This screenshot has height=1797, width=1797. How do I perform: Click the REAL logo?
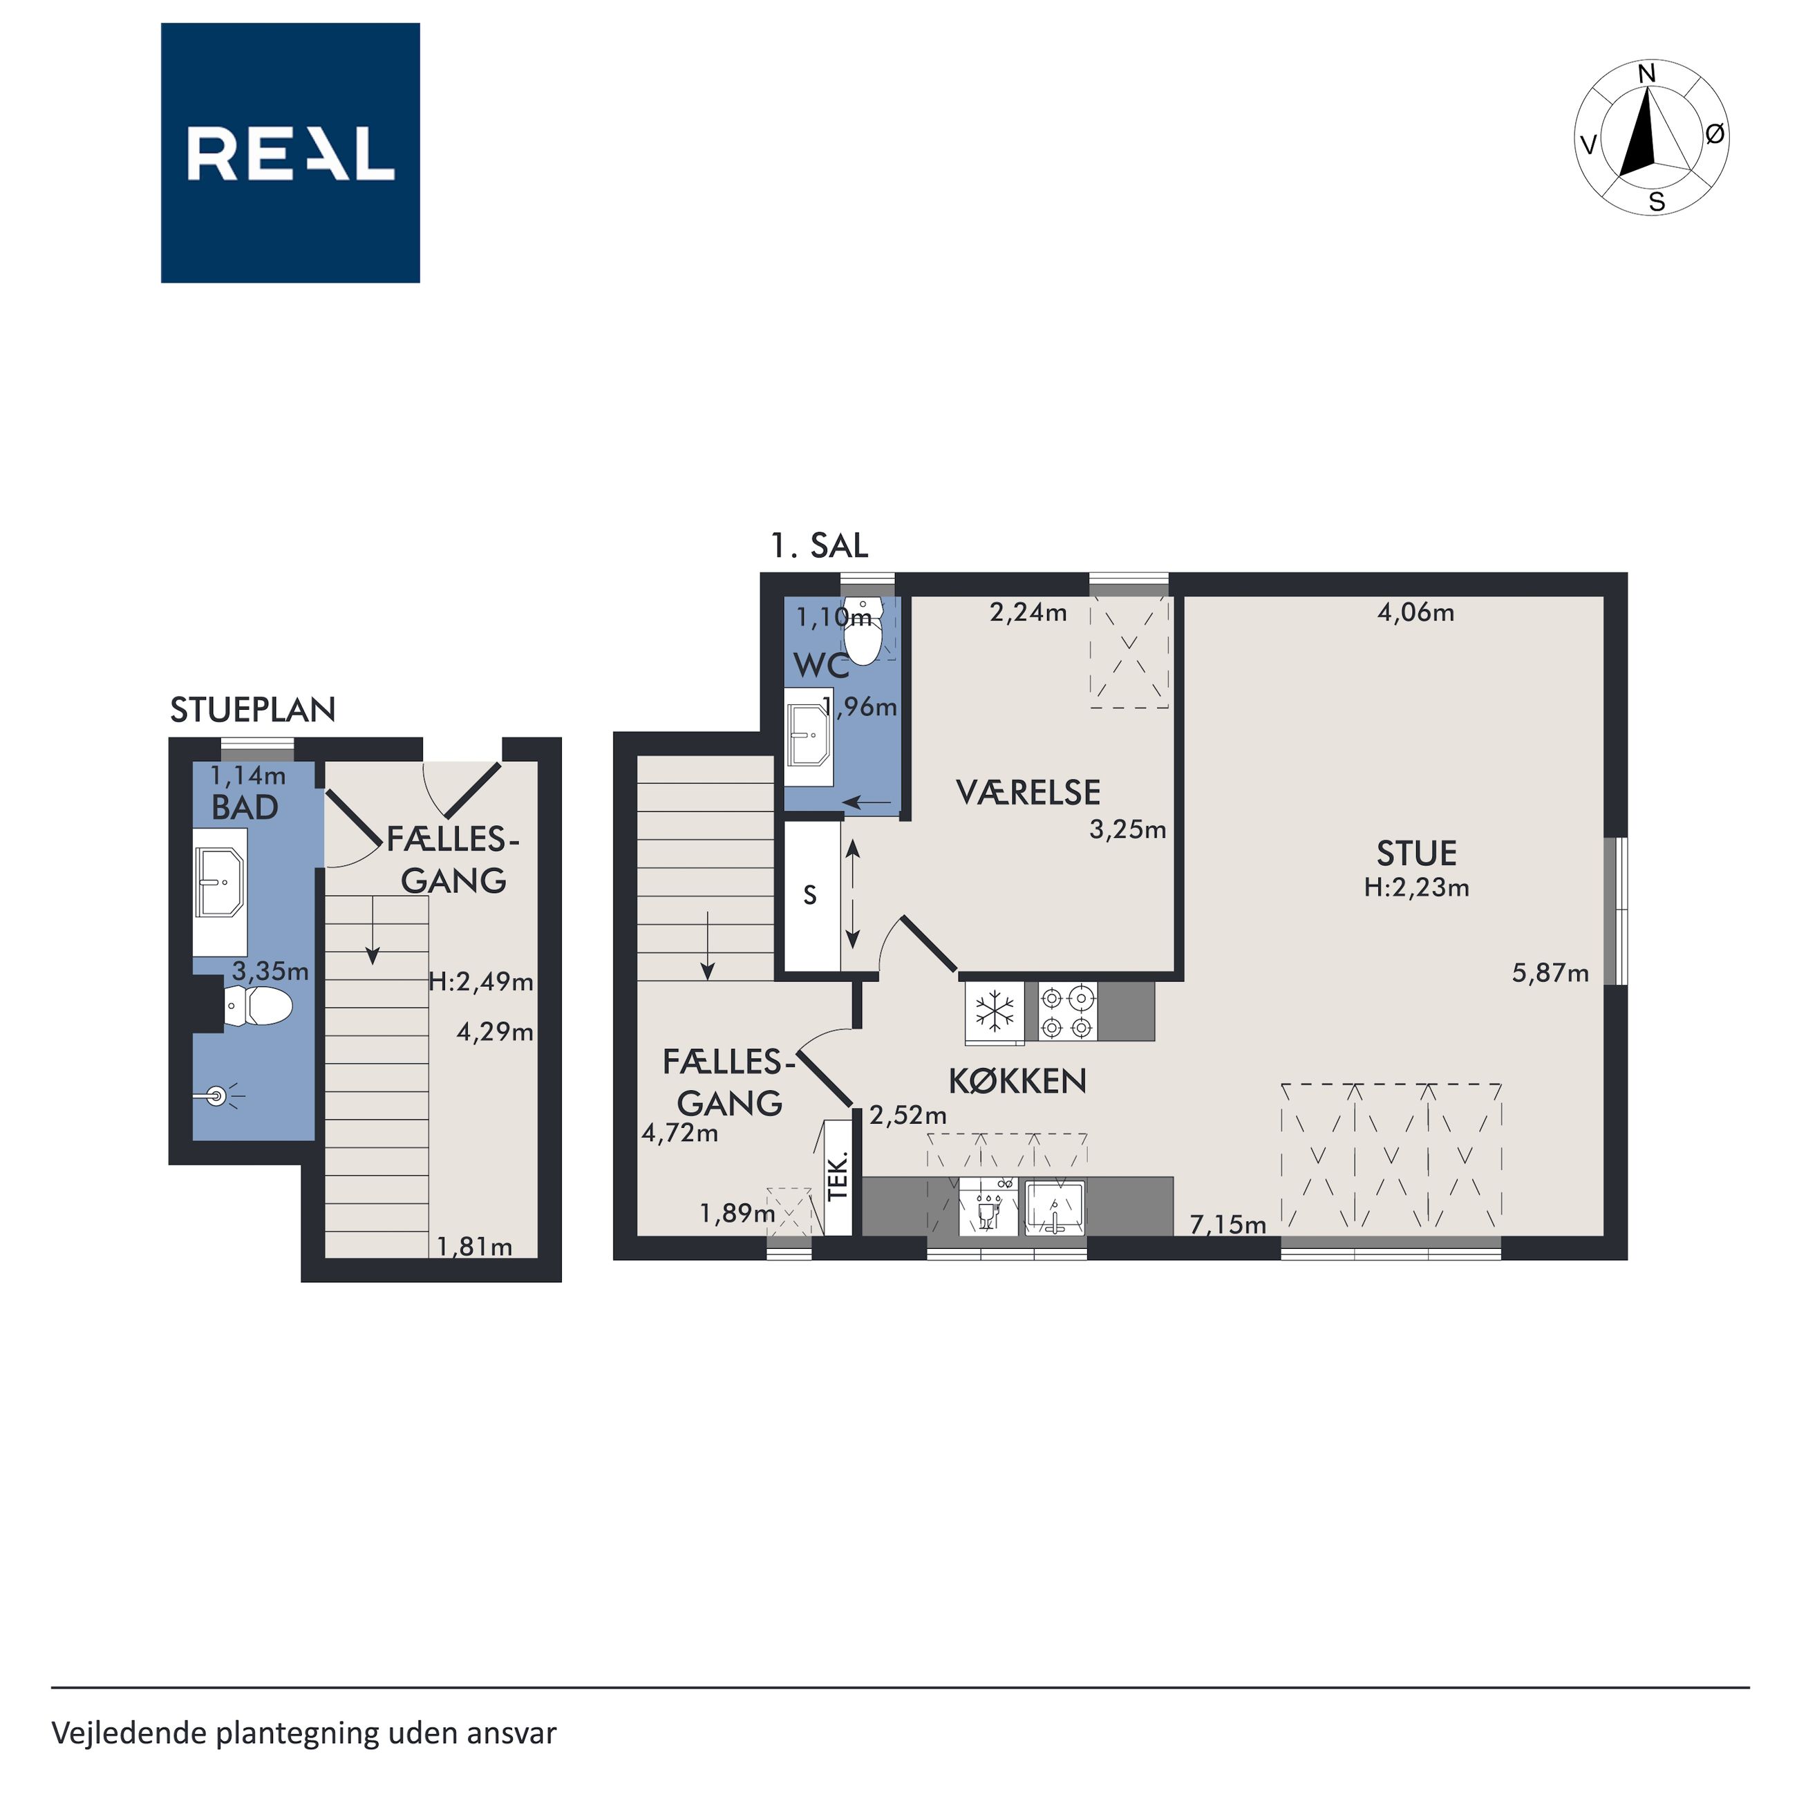point(290,153)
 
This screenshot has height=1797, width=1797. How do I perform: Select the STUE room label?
point(1417,854)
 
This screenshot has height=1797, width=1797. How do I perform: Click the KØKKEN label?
point(1017,1081)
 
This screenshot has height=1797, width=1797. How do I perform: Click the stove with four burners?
point(1067,1012)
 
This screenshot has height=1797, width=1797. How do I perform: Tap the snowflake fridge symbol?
point(995,1011)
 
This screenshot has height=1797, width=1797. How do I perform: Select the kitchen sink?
point(1055,1207)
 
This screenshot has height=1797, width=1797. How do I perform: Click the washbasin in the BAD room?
point(220,881)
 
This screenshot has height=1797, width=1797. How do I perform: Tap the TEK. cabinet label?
point(839,1176)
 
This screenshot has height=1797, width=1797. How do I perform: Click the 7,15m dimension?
point(1227,1225)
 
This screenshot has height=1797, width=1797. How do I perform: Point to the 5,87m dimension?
point(1550,974)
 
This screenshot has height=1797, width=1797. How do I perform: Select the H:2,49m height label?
point(481,981)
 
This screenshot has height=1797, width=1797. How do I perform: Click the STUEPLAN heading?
point(253,711)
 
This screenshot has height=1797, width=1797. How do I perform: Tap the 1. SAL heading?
point(820,545)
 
